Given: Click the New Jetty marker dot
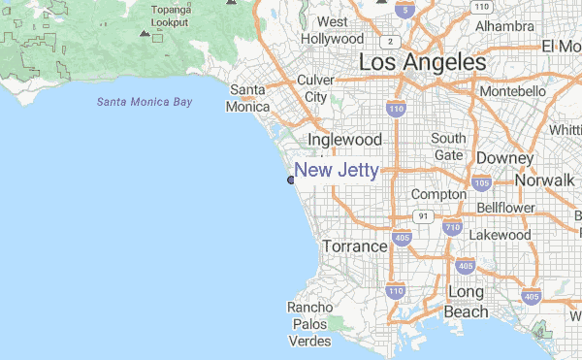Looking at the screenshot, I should pos(291,180).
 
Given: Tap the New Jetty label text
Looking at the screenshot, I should pos(337,171).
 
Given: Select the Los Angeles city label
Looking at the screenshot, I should pos(422,62).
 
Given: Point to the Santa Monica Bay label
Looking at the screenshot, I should pos(145,102).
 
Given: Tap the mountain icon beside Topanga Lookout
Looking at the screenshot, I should pos(145,33).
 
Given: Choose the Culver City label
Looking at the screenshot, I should pos(316,88).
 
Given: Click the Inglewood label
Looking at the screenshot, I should pos(344,140).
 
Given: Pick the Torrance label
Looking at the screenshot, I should pos(355,246).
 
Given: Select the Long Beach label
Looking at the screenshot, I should pos(467,302).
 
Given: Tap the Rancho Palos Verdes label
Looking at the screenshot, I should pos(310,324).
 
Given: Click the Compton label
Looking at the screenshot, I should pos(439,194).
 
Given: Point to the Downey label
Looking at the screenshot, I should pos(505,158).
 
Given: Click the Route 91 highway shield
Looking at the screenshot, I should pos(423,215).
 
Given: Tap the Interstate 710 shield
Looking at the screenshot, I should pos(452,228).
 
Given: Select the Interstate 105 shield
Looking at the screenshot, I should pos(481,182).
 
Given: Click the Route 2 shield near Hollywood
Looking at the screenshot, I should pos(389,42).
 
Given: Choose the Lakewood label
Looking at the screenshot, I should pos(500,235).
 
